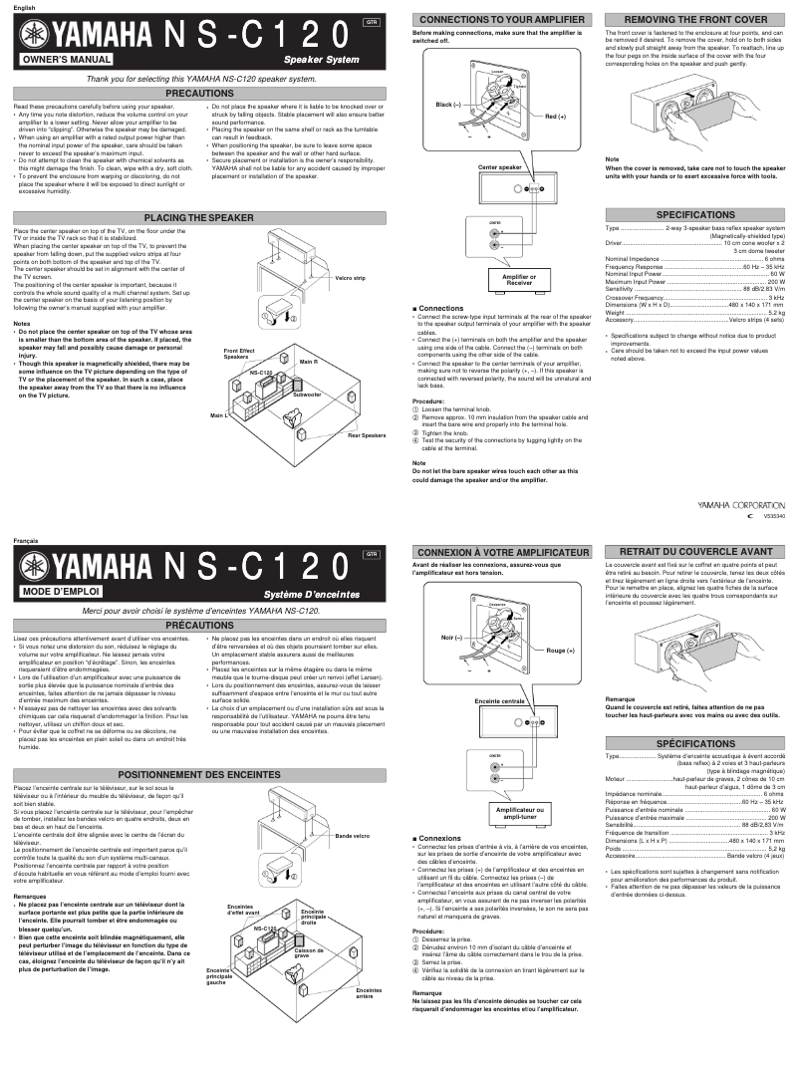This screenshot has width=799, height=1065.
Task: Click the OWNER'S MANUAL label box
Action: (x=63, y=60)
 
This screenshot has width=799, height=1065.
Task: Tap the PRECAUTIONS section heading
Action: (x=198, y=92)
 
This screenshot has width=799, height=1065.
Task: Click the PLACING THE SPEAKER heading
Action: (x=198, y=217)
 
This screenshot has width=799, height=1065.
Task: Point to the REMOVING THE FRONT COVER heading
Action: (x=694, y=19)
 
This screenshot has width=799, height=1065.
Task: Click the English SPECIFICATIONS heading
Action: (x=694, y=215)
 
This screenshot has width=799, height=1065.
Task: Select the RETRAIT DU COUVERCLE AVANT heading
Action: (x=694, y=551)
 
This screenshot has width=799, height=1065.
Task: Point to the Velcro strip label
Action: (x=351, y=278)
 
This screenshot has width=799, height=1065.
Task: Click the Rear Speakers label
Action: (x=366, y=435)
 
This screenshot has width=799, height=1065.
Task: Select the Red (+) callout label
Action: (x=555, y=117)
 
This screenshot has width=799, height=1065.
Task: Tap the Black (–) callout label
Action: (x=449, y=104)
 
